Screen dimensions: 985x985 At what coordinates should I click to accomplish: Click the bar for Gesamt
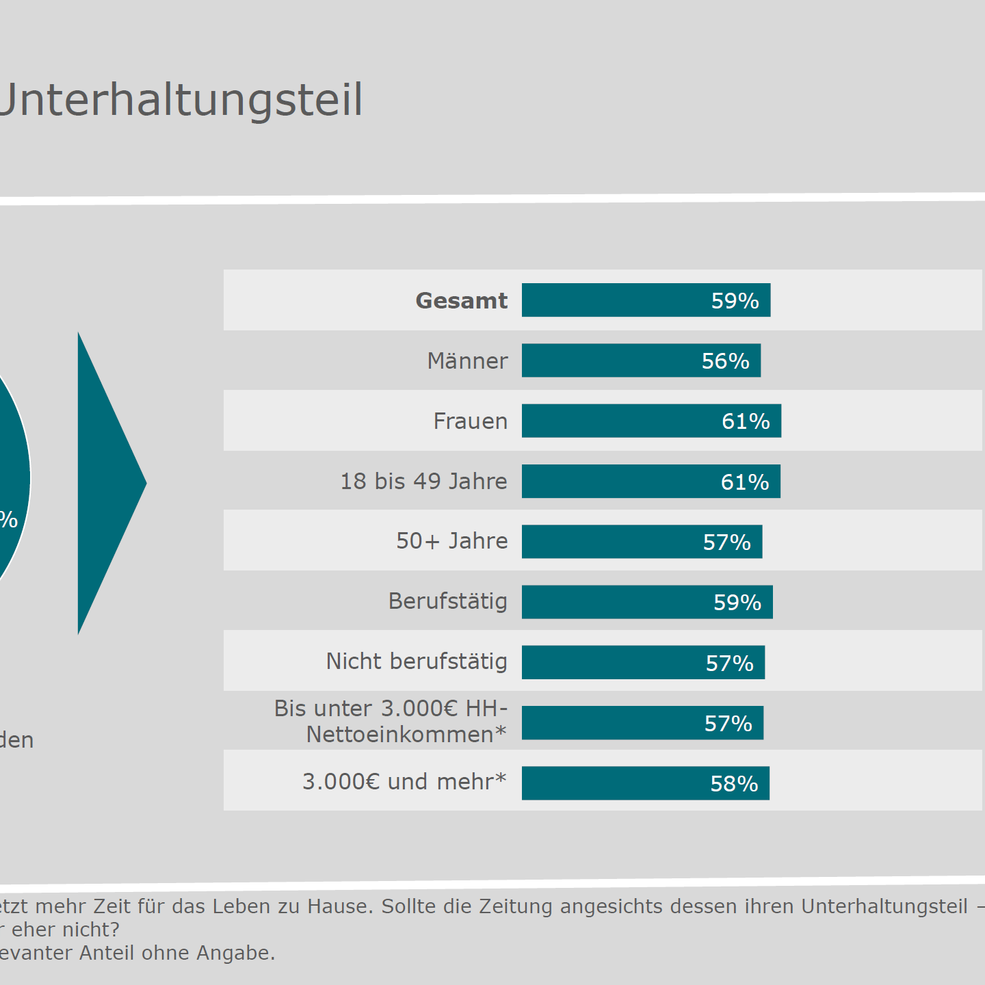(x=646, y=300)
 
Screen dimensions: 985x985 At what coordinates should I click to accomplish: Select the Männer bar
(x=641, y=360)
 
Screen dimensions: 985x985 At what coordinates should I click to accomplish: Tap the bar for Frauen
(x=651, y=421)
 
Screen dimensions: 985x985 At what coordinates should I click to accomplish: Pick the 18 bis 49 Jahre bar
(x=651, y=482)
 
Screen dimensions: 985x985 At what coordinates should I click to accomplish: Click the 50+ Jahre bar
(x=642, y=542)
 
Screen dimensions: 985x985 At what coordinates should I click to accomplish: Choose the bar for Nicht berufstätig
(x=643, y=662)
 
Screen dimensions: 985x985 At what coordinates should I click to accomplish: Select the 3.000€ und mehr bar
(x=645, y=783)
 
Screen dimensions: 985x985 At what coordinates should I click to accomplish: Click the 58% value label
(x=734, y=784)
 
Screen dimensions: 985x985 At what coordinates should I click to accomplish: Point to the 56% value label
(x=725, y=361)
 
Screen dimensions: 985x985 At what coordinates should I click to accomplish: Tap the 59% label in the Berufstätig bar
(x=737, y=603)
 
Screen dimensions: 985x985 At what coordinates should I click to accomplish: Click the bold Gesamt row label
(x=462, y=301)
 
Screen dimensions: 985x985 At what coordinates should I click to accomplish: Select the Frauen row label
(x=471, y=421)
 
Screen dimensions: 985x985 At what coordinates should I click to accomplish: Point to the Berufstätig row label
(x=448, y=601)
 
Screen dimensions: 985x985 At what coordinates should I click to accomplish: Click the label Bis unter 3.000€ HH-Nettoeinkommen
(x=391, y=722)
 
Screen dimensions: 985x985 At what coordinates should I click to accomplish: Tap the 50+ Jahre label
(x=452, y=541)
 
